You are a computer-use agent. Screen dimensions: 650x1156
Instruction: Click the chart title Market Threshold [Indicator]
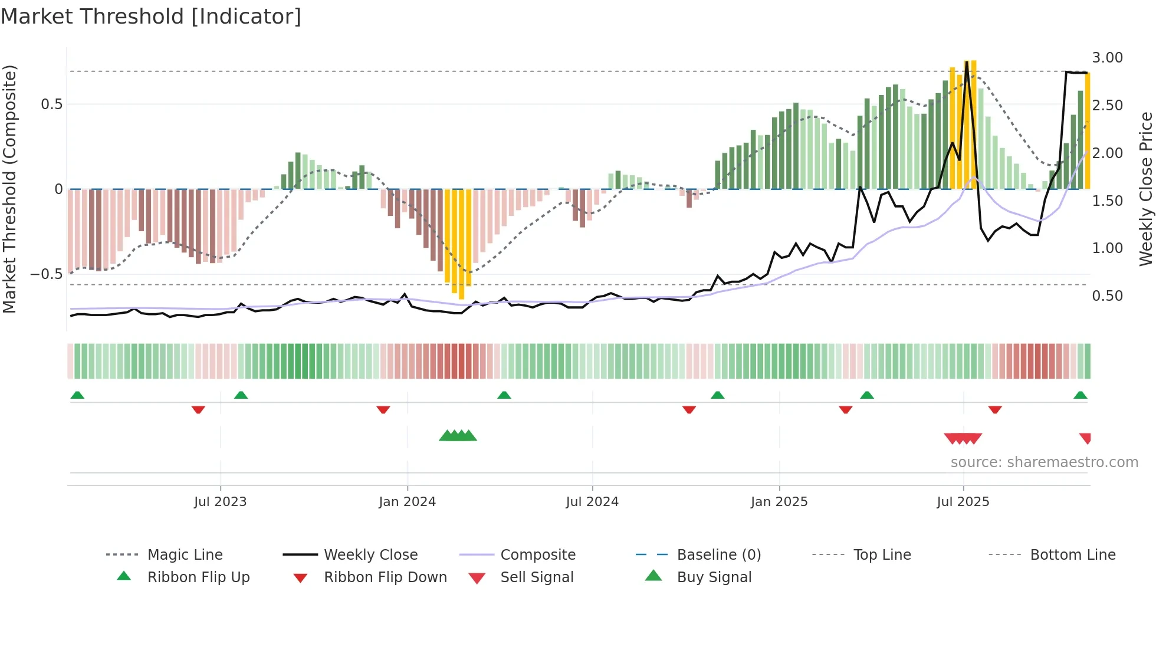pos(151,17)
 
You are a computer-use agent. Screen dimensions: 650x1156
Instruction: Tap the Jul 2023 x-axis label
pos(220,502)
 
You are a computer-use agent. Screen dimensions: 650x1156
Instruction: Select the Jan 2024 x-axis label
pos(407,502)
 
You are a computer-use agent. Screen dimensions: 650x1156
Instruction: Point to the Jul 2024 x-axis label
pos(592,502)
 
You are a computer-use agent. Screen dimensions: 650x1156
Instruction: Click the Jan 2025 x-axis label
pos(779,502)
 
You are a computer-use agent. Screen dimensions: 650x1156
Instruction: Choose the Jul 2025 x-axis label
pos(963,502)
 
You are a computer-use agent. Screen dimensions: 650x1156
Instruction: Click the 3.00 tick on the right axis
pos(1107,58)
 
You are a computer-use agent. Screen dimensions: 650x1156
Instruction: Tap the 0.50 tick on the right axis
pos(1107,296)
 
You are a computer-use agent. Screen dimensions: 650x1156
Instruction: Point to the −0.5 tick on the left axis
pos(46,274)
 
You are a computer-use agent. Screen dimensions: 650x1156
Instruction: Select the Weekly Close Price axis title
pos(1145,189)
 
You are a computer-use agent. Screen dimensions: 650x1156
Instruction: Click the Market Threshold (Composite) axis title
pos(9,189)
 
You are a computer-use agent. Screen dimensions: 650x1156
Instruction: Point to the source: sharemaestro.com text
pos(1044,462)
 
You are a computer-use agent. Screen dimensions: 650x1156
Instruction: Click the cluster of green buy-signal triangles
pos(458,436)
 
